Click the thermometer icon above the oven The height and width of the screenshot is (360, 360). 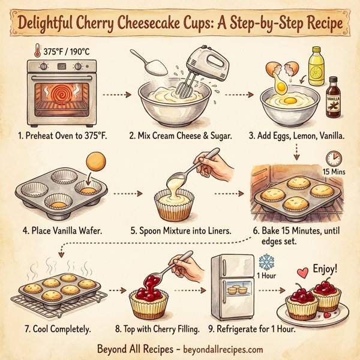tap(35, 51)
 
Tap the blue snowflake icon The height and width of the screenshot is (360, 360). tap(265, 263)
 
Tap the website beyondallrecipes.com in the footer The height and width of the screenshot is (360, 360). tap(215, 349)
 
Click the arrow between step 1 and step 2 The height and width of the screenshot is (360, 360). tap(112, 94)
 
